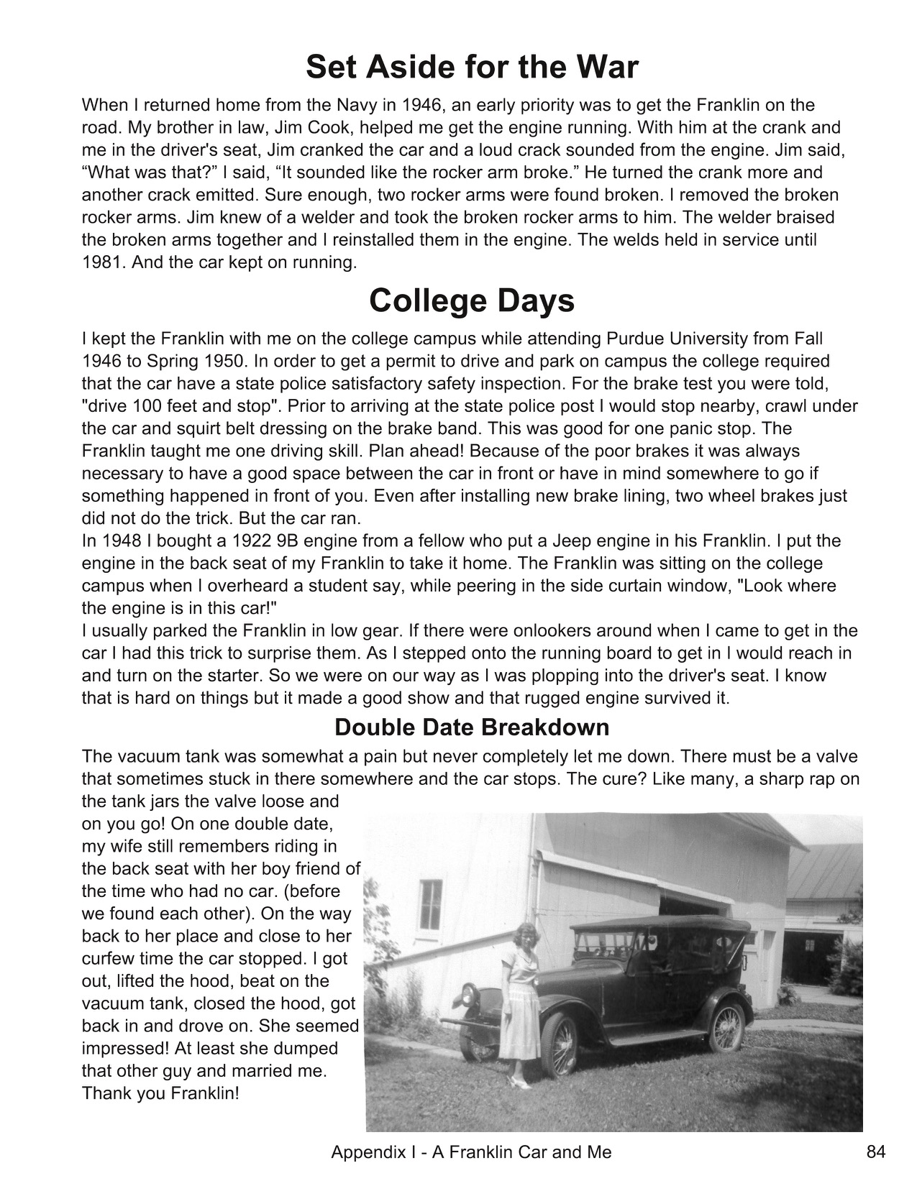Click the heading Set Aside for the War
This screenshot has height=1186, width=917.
click(x=472, y=68)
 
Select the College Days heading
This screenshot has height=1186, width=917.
click(x=472, y=300)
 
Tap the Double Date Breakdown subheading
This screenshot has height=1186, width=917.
click(x=472, y=727)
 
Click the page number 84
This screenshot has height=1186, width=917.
click(x=875, y=1152)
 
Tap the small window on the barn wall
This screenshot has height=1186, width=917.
click(x=430, y=905)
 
